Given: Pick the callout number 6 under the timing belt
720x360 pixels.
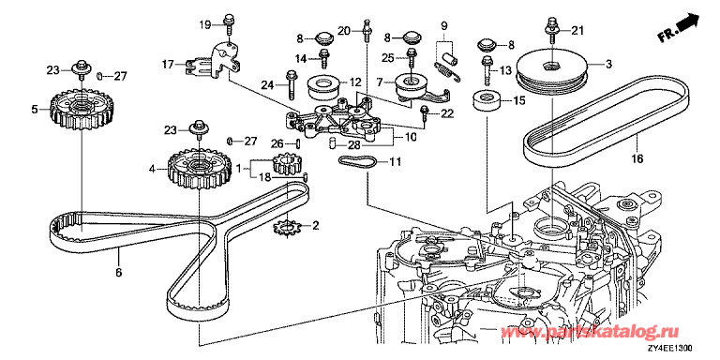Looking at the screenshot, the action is click(118, 272).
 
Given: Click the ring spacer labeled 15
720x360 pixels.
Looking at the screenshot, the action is click(487, 102).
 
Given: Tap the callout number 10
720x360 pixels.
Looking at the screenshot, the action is click(409, 136).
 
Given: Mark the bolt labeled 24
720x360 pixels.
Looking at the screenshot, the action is click(292, 84).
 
